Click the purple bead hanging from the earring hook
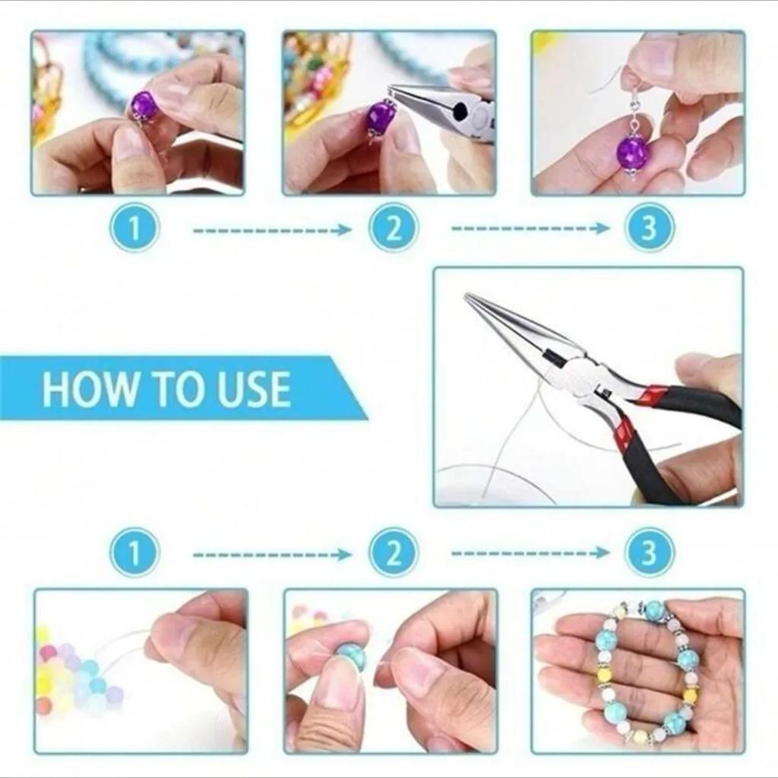pos(633,152)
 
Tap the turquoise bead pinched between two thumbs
pos(351,656)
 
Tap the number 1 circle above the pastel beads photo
pos(134,552)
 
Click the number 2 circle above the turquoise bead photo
pos(393,552)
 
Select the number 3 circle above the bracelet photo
pos(650,552)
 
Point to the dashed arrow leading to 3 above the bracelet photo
pos(530,553)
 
